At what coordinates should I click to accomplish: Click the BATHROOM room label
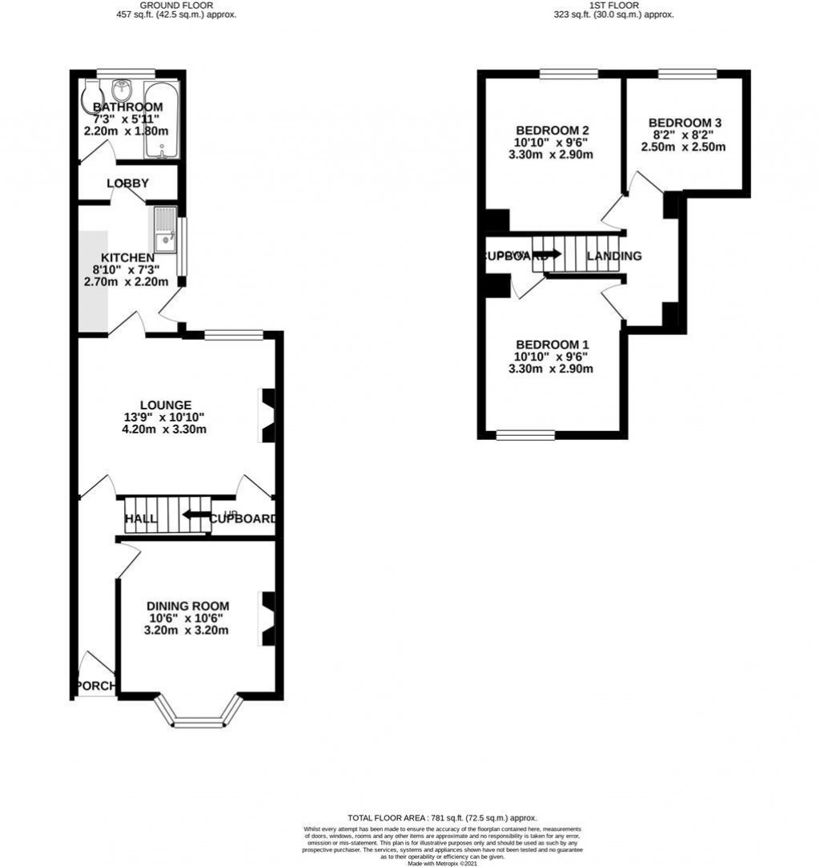tap(127, 107)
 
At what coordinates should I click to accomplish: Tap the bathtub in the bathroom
tap(162, 120)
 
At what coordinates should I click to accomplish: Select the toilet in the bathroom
tap(90, 96)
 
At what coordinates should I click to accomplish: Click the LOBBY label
tap(127, 183)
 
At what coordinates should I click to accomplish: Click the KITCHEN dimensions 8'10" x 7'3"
tap(127, 269)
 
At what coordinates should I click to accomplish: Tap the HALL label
tap(141, 519)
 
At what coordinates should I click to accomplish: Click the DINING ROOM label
tap(187, 606)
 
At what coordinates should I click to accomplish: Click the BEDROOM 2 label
tap(553, 131)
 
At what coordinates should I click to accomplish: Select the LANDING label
tap(614, 256)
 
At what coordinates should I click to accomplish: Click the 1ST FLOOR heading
tap(614, 5)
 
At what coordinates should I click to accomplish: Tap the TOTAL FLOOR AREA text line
tap(441, 817)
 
